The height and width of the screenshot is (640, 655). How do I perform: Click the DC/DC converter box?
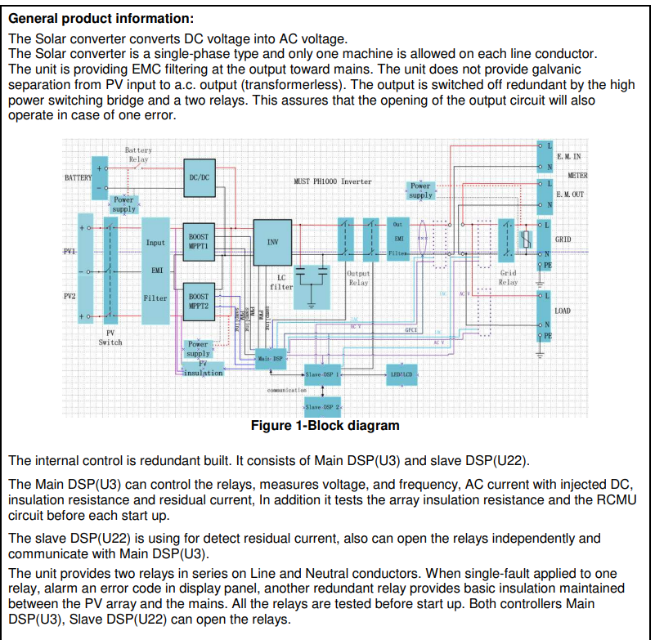[200, 177]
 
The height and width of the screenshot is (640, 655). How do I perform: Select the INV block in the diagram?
[272, 242]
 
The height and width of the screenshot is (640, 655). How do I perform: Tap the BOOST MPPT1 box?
[199, 241]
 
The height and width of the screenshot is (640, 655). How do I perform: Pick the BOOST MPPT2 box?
[199, 301]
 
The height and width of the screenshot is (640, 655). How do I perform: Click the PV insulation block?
[203, 369]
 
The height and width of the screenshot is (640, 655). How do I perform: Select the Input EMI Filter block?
[155, 270]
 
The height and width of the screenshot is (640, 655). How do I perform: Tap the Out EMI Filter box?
[398, 238]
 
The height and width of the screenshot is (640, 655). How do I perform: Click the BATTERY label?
[78, 177]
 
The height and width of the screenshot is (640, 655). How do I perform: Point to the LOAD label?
[563, 311]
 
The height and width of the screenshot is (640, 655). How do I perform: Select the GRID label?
[563, 239]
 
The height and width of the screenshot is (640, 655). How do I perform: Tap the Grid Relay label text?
[509, 278]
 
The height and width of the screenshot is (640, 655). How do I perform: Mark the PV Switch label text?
[110, 338]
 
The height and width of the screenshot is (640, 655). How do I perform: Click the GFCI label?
[411, 329]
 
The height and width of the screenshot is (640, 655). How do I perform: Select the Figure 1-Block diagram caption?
[325, 426]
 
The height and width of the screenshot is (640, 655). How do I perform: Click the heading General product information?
[101, 18]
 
